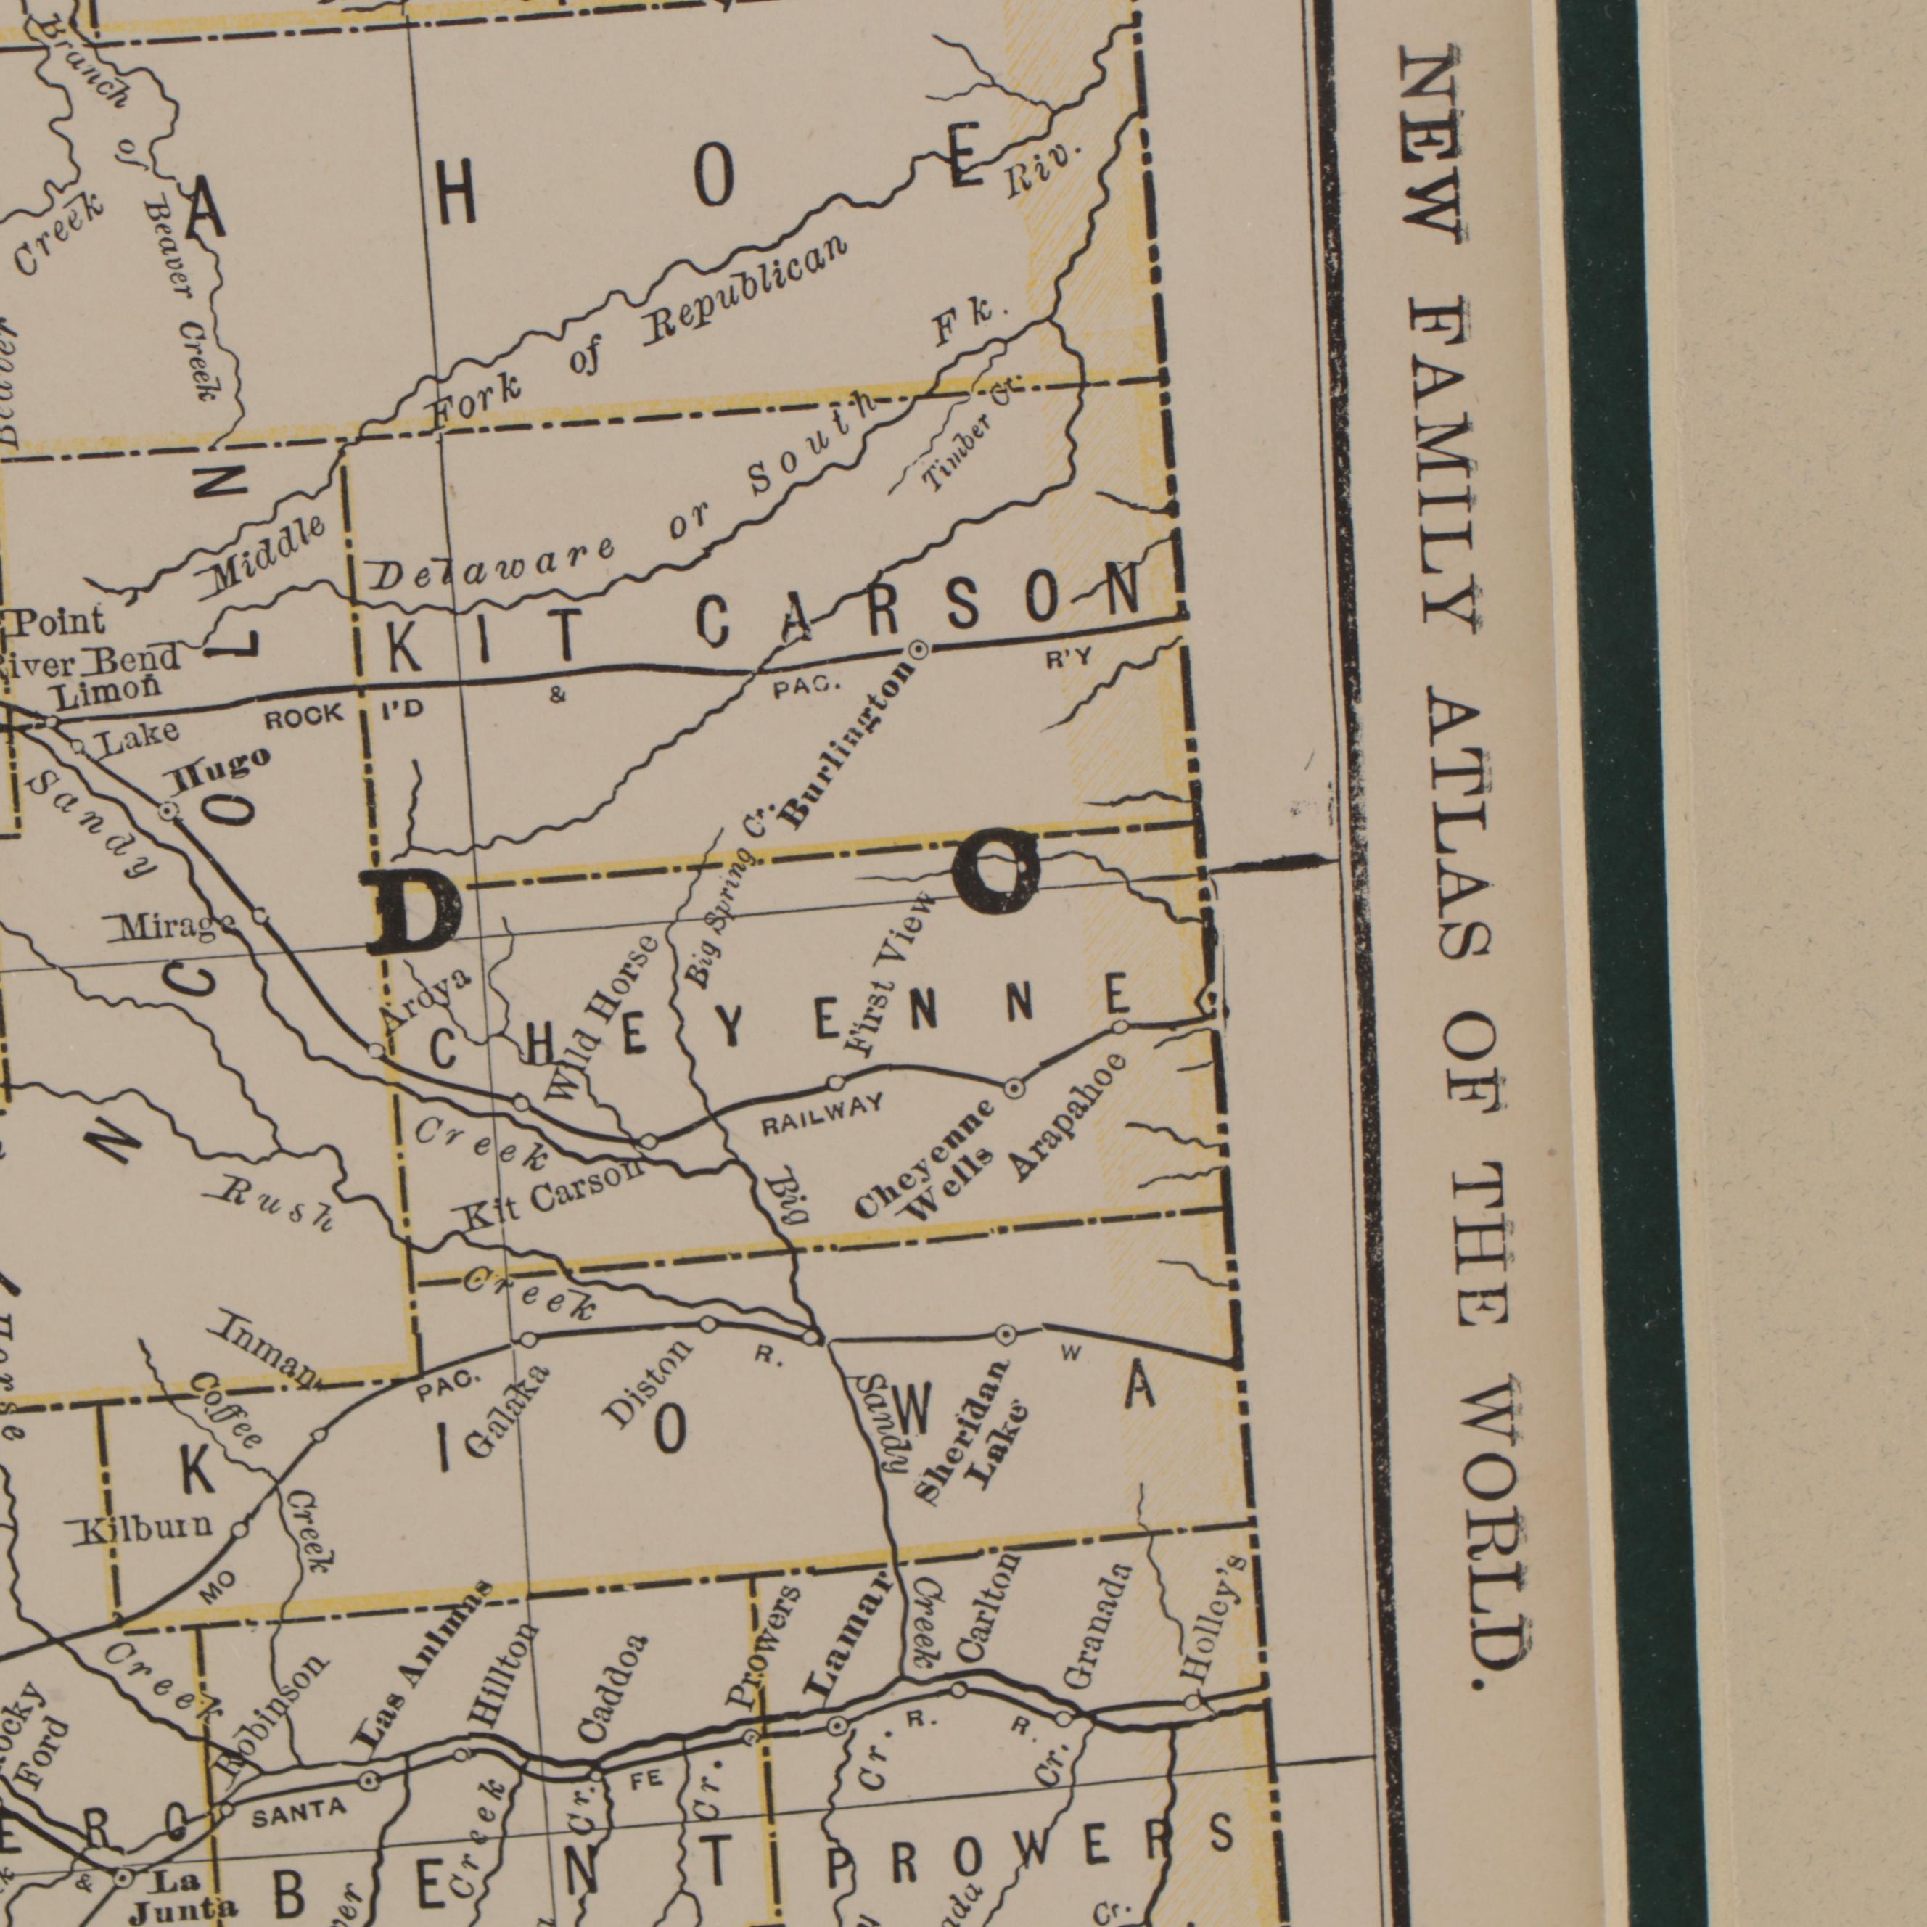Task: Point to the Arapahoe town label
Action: [x=1070, y=1118]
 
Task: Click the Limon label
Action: [x=107, y=690]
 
